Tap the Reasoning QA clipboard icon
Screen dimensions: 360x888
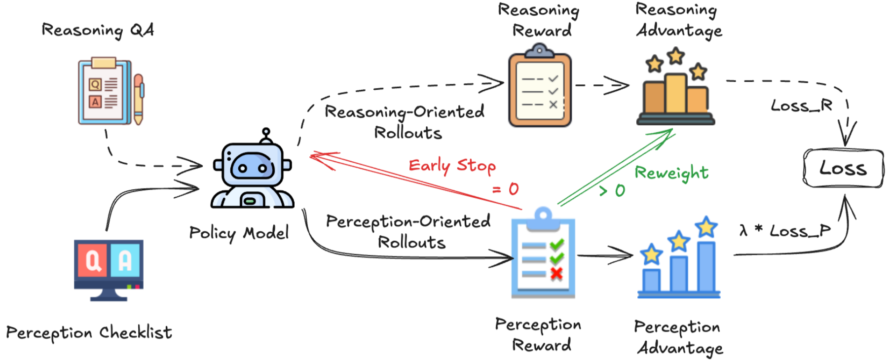coord(105,91)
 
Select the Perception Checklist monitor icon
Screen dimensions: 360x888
coord(109,269)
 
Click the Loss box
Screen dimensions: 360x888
coord(843,169)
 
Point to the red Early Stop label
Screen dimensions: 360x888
coord(452,166)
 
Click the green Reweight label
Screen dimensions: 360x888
coord(671,173)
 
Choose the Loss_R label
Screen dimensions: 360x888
coord(801,106)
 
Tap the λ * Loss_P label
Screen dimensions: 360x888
coord(785,231)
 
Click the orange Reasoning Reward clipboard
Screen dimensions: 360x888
coord(540,87)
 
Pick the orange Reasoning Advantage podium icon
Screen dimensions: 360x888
coord(676,89)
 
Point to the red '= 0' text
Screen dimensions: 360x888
coord(506,189)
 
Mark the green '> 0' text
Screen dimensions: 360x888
coord(612,190)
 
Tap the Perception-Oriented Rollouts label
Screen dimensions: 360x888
coord(408,231)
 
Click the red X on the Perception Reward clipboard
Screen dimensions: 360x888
coord(556,274)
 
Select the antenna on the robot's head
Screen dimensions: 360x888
coord(266,134)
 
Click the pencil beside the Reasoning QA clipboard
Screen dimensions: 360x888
coord(139,99)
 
